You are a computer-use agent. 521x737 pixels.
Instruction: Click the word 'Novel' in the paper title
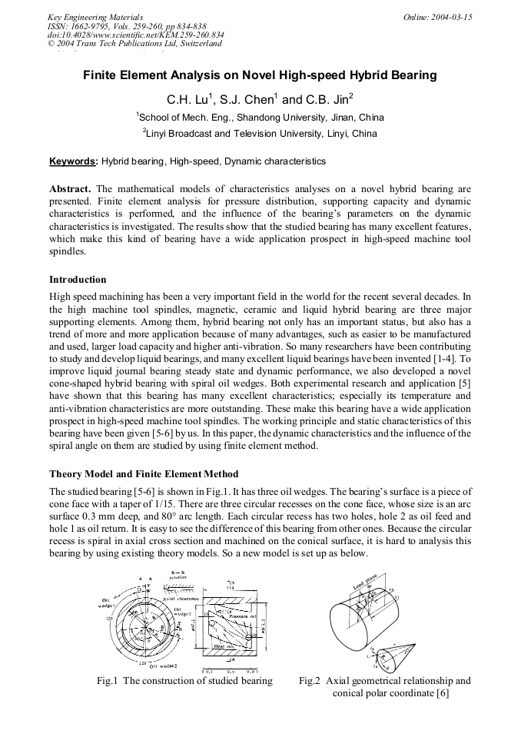tap(264, 75)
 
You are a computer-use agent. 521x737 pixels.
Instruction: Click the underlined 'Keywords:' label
tap(74, 161)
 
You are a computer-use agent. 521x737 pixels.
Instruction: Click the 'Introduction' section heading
tap(78, 279)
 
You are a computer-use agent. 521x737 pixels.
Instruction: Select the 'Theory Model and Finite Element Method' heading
tap(144, 473)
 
